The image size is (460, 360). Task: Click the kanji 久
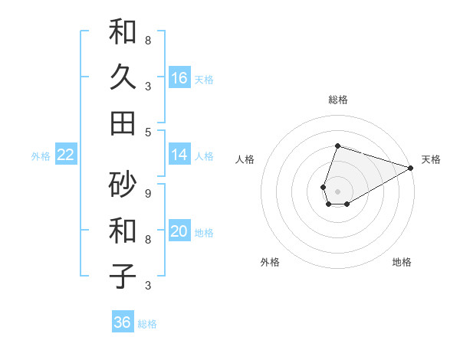123,77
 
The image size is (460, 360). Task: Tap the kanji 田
123,122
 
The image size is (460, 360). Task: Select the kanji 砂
123,184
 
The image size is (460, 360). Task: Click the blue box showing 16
179,78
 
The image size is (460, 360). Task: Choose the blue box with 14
179,155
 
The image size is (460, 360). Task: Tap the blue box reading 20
179,231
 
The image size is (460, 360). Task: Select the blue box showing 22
66,155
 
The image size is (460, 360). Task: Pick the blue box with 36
123,322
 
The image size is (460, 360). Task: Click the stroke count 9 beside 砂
148,193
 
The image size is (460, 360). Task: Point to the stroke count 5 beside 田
148,132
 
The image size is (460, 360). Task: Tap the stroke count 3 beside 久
148,86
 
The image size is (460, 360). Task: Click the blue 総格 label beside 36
147,324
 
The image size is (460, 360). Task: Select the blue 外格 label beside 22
41,156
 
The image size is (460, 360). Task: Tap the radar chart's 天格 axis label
431,159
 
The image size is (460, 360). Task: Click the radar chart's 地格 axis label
402,262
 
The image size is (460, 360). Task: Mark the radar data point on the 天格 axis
410,168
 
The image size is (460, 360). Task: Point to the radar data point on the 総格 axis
337,146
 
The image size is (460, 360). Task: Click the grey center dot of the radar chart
337,191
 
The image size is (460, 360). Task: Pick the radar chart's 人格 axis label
245,159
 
